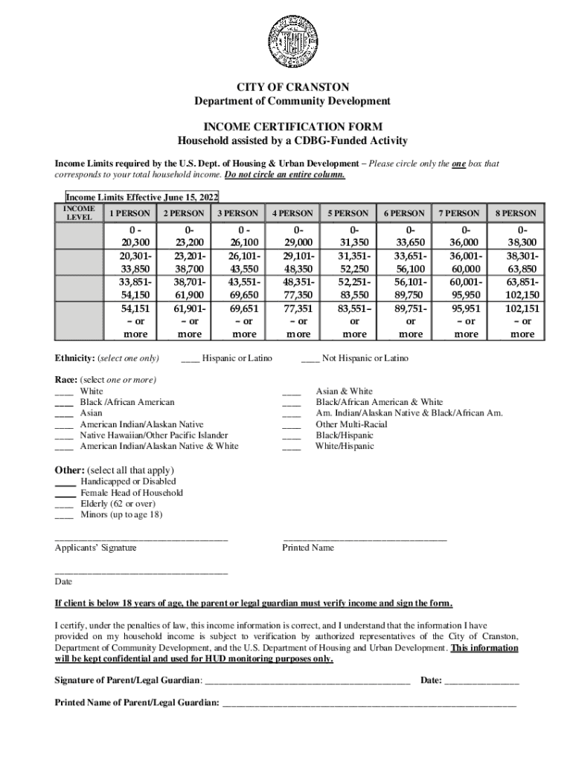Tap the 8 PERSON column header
point(516,213)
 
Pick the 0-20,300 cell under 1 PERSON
point(130,236)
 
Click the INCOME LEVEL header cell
point(78,213)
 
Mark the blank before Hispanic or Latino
point(191,359)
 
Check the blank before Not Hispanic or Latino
point(310,359)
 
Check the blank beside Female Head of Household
point(65,493)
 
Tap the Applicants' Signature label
point(96,548)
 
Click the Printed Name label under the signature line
point(308,548)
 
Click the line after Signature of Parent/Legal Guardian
point(307,681)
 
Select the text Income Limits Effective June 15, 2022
point(141,197)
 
